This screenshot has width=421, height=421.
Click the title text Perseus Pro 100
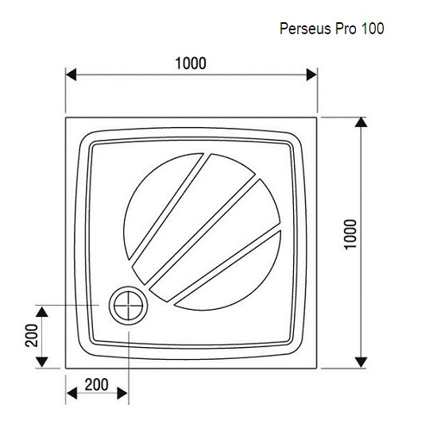tap(331, 29)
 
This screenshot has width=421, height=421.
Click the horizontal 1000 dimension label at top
tap(191, 64)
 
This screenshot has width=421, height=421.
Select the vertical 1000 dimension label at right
tap(350, 234)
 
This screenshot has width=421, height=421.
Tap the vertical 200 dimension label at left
tap(32, 335)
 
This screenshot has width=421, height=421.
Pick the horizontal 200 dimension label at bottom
tap(97, 384)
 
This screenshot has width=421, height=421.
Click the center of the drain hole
tap(129, 306)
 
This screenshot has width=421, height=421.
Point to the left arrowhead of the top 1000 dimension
tap(71, 75)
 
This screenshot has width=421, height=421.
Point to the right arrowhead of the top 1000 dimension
tap(311, 75)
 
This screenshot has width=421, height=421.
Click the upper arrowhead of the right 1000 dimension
tap(361, 122)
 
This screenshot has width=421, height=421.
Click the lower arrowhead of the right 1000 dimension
tap(361, 362)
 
